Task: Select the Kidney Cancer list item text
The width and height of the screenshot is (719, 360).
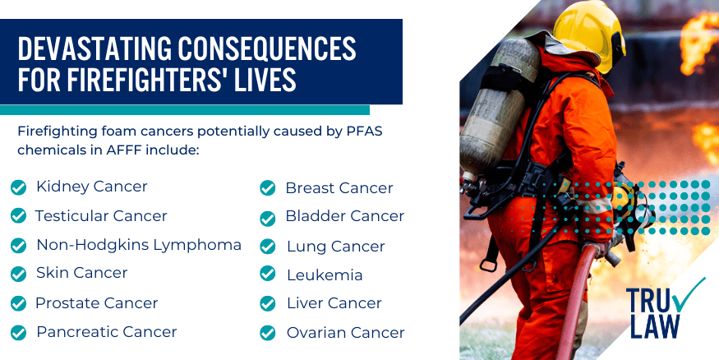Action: coord(92,187)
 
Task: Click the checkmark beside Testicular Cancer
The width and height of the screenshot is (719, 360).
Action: coord(18,216)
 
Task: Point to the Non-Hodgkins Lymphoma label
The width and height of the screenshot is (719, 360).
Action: coord(139,245)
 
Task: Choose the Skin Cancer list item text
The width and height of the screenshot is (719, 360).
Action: coord(82,273)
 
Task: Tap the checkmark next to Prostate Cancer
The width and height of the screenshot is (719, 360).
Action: coord(18,304)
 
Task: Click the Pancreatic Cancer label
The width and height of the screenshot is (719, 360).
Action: coord(107,332)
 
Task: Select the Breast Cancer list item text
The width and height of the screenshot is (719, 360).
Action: coord(339,188)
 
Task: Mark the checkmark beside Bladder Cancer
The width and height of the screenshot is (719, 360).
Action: coord(267,218)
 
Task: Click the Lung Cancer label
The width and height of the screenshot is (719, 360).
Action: coord(335,247)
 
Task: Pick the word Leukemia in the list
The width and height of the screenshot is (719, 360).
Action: coord(325,275)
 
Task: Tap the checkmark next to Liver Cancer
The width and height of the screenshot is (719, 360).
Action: coord(267,304)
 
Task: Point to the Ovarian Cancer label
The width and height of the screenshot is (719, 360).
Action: coord(345,333)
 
